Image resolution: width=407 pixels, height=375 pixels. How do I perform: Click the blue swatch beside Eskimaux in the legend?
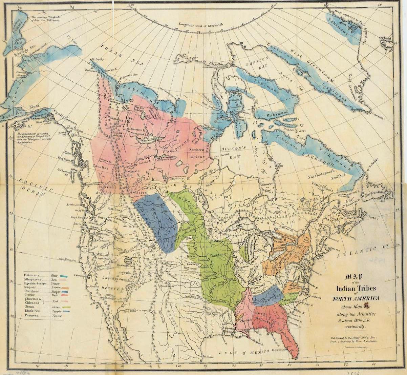pyautogui.click(x=63, y=276)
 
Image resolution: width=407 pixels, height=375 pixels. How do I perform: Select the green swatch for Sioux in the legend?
pyautogui.click(x=66, y=307)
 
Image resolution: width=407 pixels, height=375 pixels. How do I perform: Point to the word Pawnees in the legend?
pyautogui.click(x=32, y=315)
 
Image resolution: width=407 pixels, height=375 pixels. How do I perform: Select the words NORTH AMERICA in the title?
pyautogui.click(x=356, y=299)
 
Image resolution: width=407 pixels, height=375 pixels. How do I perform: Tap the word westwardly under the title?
pyautogui.click(x=355, y=327)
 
